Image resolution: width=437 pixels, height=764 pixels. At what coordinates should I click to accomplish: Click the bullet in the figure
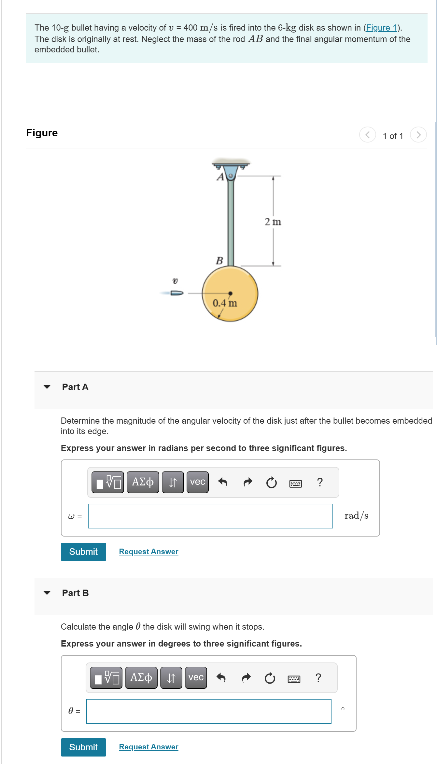click(177, 293)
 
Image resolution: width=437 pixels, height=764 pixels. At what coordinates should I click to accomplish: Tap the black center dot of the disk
click(230, 293)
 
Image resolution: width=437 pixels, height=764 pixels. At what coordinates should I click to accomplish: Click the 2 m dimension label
click(273, 222)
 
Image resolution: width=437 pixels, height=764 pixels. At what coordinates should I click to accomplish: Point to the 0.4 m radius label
click(225, 303)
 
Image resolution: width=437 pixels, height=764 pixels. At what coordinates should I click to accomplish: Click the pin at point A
click(231, 176)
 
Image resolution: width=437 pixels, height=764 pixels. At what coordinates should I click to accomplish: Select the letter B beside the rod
click(219, 261)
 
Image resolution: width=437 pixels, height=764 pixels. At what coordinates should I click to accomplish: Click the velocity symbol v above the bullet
click(175, 281)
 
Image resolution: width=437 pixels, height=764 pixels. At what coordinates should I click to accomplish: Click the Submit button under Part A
click(83, 552)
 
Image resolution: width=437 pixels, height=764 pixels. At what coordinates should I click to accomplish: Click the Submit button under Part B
click(83, 747)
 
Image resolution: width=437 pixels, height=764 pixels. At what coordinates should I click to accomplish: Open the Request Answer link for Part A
click(148, 552)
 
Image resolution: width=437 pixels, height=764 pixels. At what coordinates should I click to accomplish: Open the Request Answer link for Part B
click(148, 747)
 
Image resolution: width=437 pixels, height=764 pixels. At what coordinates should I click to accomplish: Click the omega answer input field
click(210, 516)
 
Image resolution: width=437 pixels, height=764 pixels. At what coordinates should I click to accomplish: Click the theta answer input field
click(209, 711)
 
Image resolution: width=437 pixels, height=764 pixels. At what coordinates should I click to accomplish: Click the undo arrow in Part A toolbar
click(222, 482)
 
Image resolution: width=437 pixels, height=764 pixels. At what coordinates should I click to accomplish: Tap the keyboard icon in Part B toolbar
click(294, 679)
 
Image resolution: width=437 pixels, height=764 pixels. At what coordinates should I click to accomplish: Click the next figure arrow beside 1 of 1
click(418, 135)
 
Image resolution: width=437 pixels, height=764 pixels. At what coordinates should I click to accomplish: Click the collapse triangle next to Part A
click(47, 387)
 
